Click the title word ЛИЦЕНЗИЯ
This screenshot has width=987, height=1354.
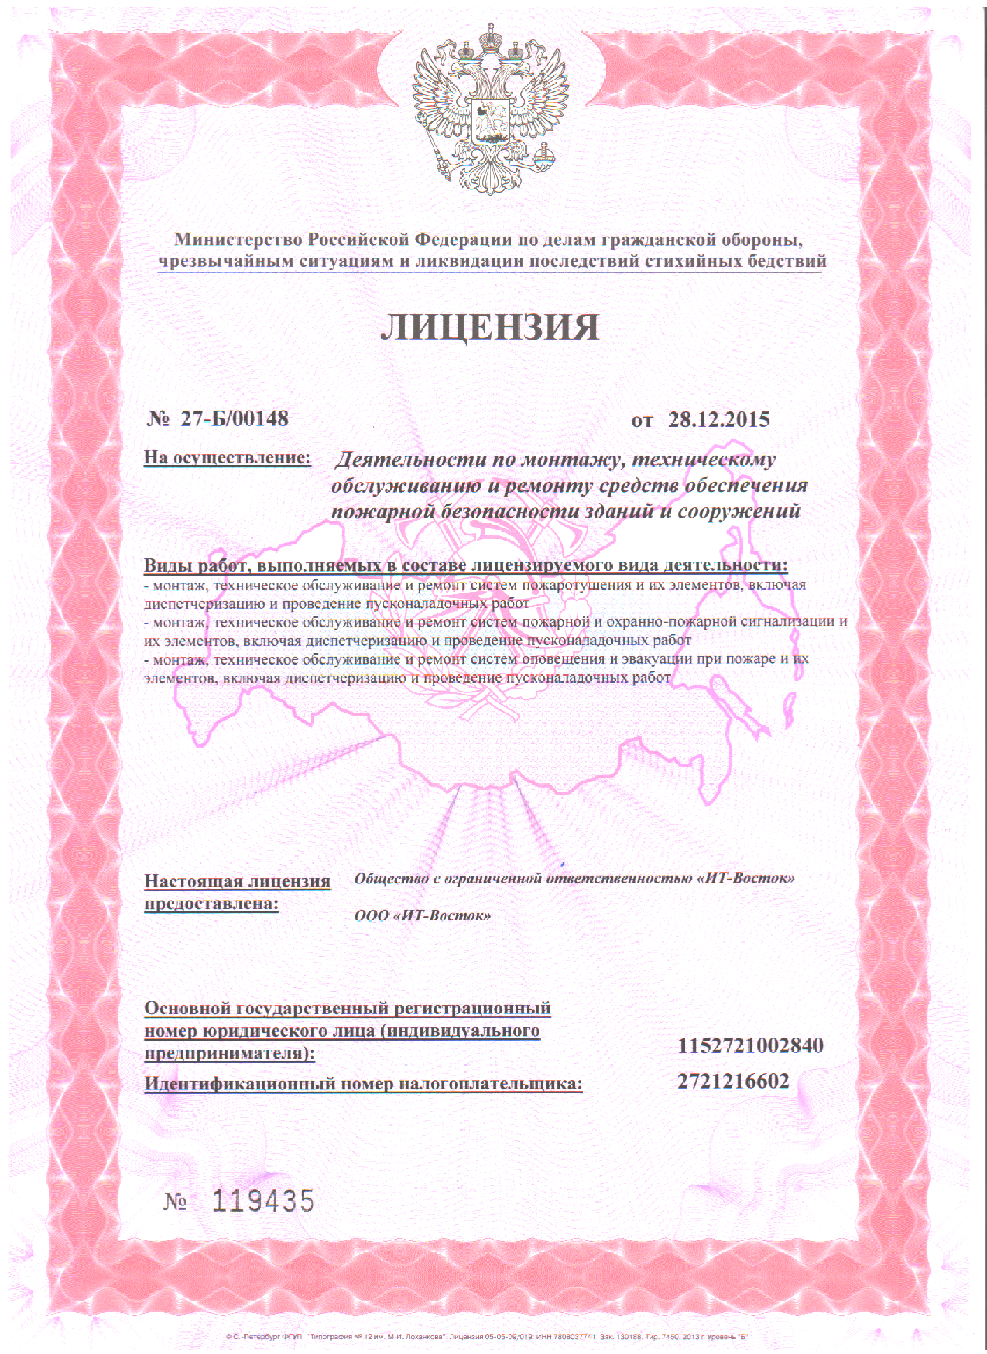coord(490,327)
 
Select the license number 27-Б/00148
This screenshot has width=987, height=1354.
coord(234,418)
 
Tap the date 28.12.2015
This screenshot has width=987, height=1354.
coord(719,420)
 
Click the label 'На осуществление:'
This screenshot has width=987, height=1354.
coord(228,457)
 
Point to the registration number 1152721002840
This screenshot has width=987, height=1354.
coord(750,1045)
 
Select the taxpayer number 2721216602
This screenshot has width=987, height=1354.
coord(733,1081)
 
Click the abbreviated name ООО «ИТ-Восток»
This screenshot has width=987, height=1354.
coord(423,916)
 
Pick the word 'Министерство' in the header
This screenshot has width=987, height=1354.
coord(238,240)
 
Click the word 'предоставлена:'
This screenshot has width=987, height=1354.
coord(211,904)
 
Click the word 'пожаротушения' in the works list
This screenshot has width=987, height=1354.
coord(576,585)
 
